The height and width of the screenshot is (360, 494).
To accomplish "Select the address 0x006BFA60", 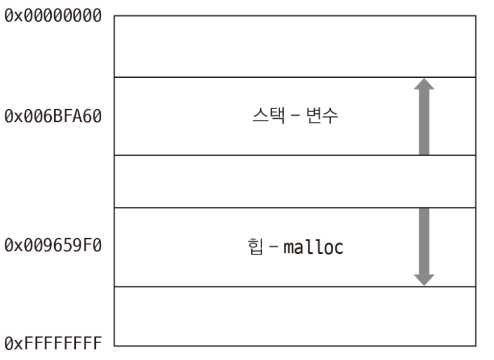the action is click(52, 115).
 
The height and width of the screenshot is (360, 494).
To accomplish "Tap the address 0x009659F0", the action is click(52, 246).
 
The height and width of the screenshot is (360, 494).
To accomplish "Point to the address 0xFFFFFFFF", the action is click(52, 344).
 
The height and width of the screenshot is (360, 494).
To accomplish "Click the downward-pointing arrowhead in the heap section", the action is click(425, 279).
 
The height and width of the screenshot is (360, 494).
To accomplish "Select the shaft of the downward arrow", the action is click(425, 241).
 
